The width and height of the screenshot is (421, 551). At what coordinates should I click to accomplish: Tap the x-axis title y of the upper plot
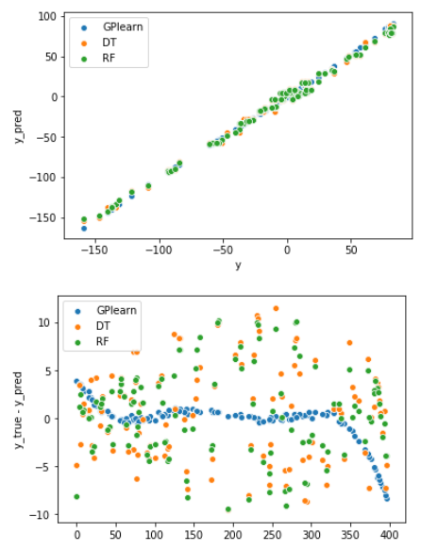click(237, 266)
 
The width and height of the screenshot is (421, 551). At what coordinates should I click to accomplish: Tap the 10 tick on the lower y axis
click(49, 322)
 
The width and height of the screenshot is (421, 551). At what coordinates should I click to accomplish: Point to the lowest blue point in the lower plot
click(387, 497)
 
